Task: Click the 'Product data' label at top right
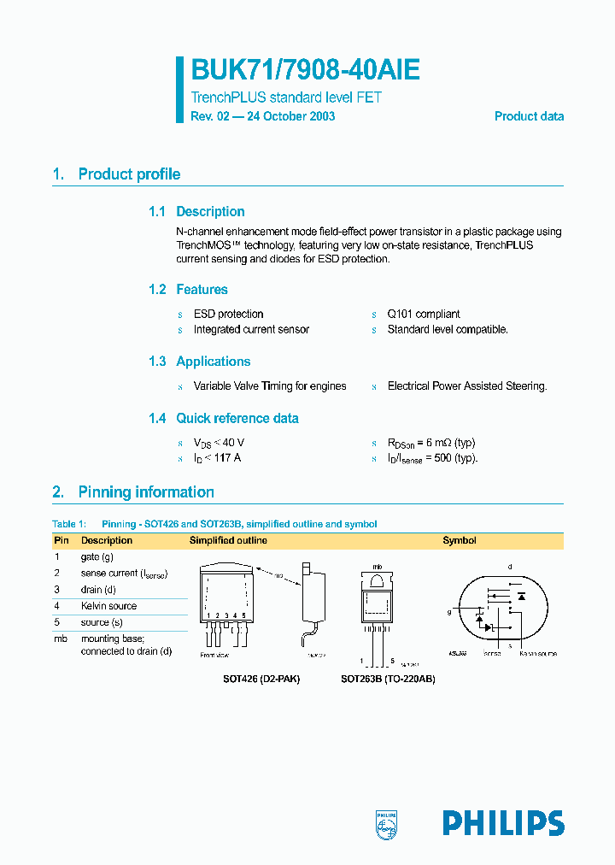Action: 529,116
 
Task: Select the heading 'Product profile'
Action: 129,174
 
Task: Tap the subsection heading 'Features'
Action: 202,290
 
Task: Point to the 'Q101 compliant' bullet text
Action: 424,315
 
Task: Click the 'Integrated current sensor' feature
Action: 251,330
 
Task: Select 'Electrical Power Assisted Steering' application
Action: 466,386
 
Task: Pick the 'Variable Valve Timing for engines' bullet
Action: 270,386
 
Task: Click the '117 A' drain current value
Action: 226,458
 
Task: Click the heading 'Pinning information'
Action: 146,492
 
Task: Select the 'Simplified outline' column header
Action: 228,540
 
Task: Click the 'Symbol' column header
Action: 459,540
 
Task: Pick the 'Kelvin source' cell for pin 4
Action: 108,606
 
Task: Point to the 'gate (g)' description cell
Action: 97,557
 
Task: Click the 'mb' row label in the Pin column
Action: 60,638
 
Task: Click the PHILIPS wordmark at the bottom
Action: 503,823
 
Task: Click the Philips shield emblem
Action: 387,823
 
